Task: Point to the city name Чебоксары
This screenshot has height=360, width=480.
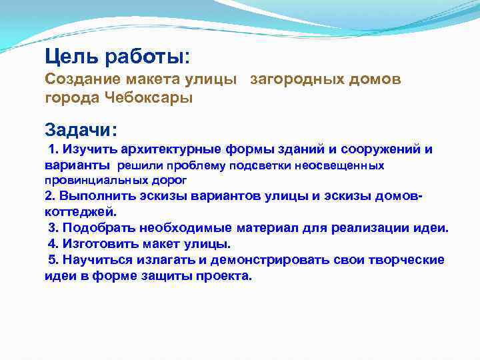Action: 149,98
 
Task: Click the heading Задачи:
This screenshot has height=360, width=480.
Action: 81,129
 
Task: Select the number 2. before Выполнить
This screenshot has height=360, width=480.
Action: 50,196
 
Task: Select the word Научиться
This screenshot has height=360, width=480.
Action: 97,260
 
